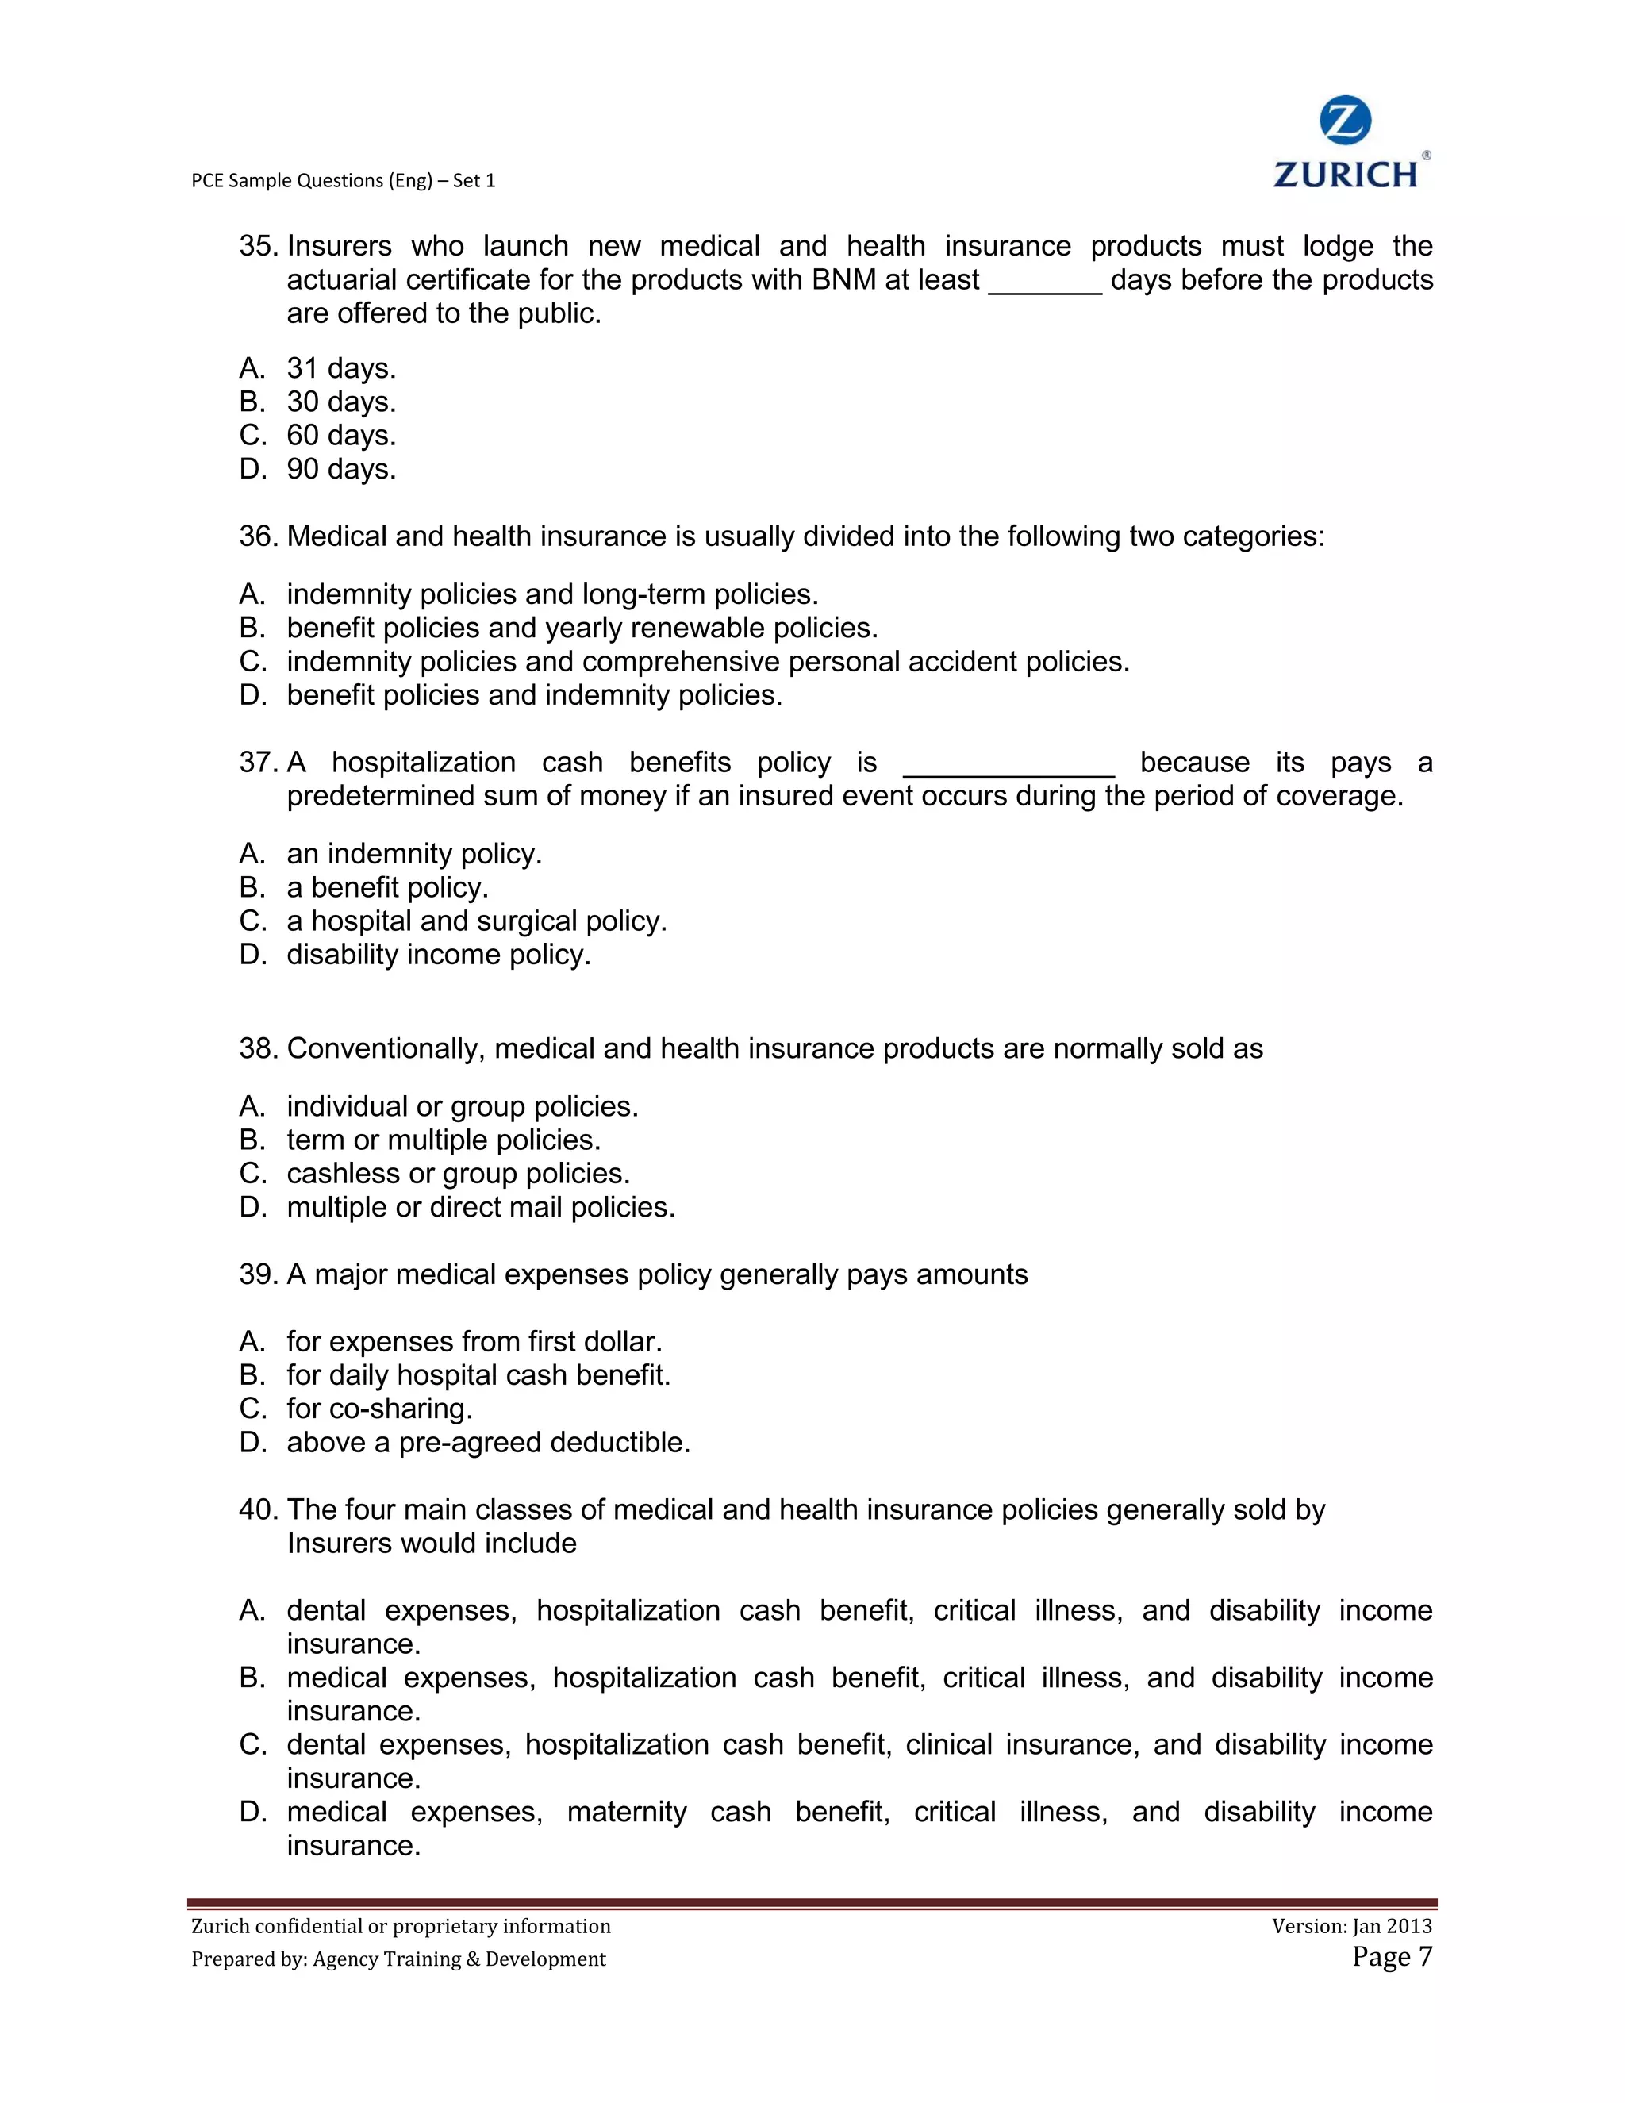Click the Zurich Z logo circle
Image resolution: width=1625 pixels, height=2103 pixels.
click(x=1344, y=121)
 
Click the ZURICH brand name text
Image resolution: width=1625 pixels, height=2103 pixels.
click(x=1346, y=175)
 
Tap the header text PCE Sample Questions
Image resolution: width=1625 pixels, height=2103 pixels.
click(x=343, y=180)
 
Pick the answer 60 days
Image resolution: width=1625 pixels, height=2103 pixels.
click(x=340, y=435)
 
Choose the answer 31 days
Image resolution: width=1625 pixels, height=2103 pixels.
click(x=340, y=368)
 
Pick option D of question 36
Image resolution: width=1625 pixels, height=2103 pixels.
click(x=534, y=695)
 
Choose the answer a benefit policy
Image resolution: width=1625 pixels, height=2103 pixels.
click(x=387, y=887)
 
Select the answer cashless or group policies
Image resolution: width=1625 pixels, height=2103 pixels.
click(x=459, y=1173)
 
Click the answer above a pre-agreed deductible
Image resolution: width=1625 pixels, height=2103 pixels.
click(x=488, y=1443)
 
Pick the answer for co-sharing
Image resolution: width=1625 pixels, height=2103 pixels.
click(x=379, y=1409)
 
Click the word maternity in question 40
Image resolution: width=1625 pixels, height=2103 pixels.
click(x=626, y=1813)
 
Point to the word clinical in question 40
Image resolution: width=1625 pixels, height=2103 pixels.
click(x=948, y=1745)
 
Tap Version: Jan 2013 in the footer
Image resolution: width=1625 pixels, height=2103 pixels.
click(x=1350, y=1926)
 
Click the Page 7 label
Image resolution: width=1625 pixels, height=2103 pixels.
click(x=1391, y=1957)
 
